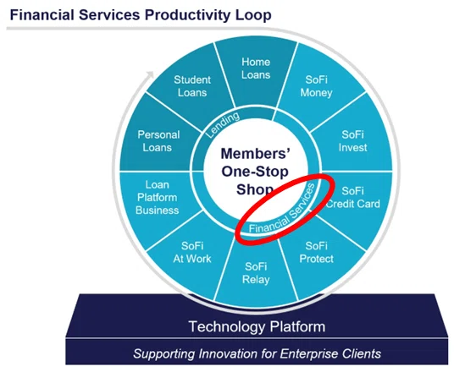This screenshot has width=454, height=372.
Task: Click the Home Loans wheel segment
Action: [x=256, y=72]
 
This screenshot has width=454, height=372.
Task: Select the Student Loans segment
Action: [x=192, y=87]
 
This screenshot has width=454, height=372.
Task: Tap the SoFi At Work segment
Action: [x=192, y=254]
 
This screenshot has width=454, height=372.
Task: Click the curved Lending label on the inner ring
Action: [x=223, y=125]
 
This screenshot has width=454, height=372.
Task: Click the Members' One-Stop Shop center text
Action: [x=255, y=172]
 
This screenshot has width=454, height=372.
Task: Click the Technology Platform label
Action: [x=257, y=326]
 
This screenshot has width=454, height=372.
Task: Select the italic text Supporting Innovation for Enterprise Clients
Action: [x=257, y=353]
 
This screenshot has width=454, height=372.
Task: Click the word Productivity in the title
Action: [x=188, y=15]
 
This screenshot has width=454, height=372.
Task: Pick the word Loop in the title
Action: [x=253, y=15]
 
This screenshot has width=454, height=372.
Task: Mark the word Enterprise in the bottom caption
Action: [x=308, y=353]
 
